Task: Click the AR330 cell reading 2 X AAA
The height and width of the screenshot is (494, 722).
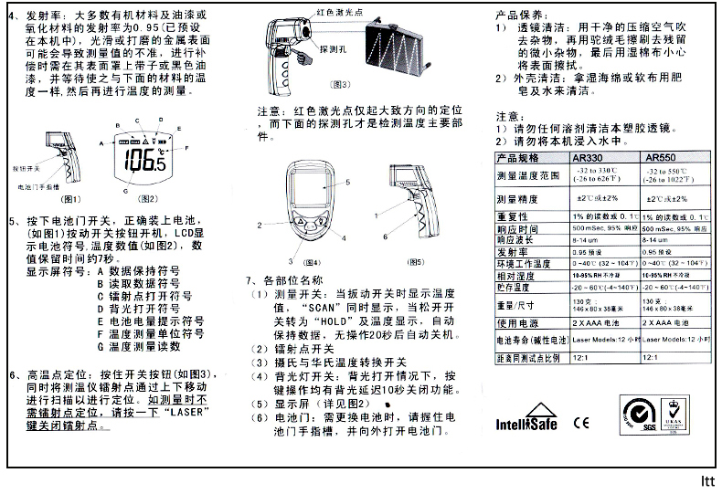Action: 598,323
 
